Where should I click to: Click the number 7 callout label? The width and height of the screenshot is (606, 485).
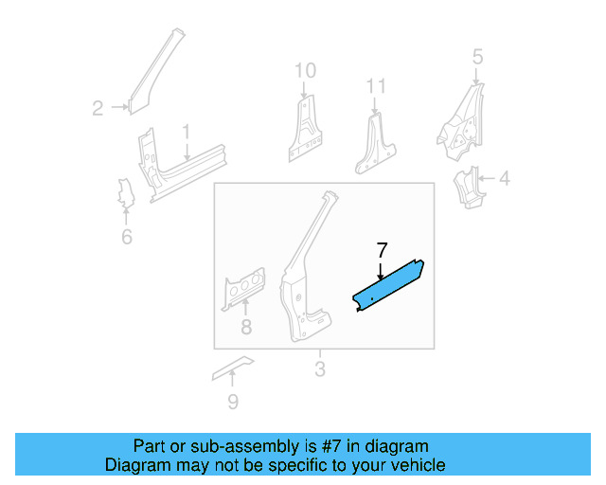382,251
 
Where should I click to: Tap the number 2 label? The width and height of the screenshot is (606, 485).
98,109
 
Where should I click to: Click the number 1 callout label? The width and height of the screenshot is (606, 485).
187,132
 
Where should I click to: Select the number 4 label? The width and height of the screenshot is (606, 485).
504,177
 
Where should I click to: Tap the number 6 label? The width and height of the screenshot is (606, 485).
126,236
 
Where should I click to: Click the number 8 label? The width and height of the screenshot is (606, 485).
245,329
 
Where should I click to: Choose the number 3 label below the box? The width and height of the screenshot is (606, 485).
319,368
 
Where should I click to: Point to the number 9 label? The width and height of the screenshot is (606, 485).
233,403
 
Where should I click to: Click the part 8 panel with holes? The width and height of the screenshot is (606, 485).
243,289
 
